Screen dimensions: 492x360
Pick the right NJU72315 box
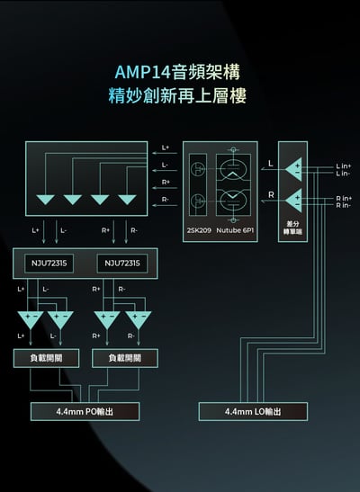click(x=121, y=263)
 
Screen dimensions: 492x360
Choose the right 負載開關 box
click(x=125, y=357)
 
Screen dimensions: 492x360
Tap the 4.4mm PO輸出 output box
click(x=85, y=411)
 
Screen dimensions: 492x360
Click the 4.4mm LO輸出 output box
click(x=253, y=411)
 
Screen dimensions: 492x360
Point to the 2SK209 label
click(x=198, y=229)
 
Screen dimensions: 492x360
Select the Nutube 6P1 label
click(x=237, y=229)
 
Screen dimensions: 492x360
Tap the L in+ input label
click(x=343, y=165)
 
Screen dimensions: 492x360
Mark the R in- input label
click(x=343, y=205)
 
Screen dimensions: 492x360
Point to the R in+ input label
click(x=343, y=198)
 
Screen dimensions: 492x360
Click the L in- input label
click(x=343, y=173)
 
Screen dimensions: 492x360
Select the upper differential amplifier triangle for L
click(x=293, y=168)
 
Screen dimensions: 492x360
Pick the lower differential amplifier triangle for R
click(x=293, y=200)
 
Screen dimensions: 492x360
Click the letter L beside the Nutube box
click(x=271, y=163)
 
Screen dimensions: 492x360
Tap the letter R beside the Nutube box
click(x=271, y=194)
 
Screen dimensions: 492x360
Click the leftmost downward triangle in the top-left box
click(x=45, y=199)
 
